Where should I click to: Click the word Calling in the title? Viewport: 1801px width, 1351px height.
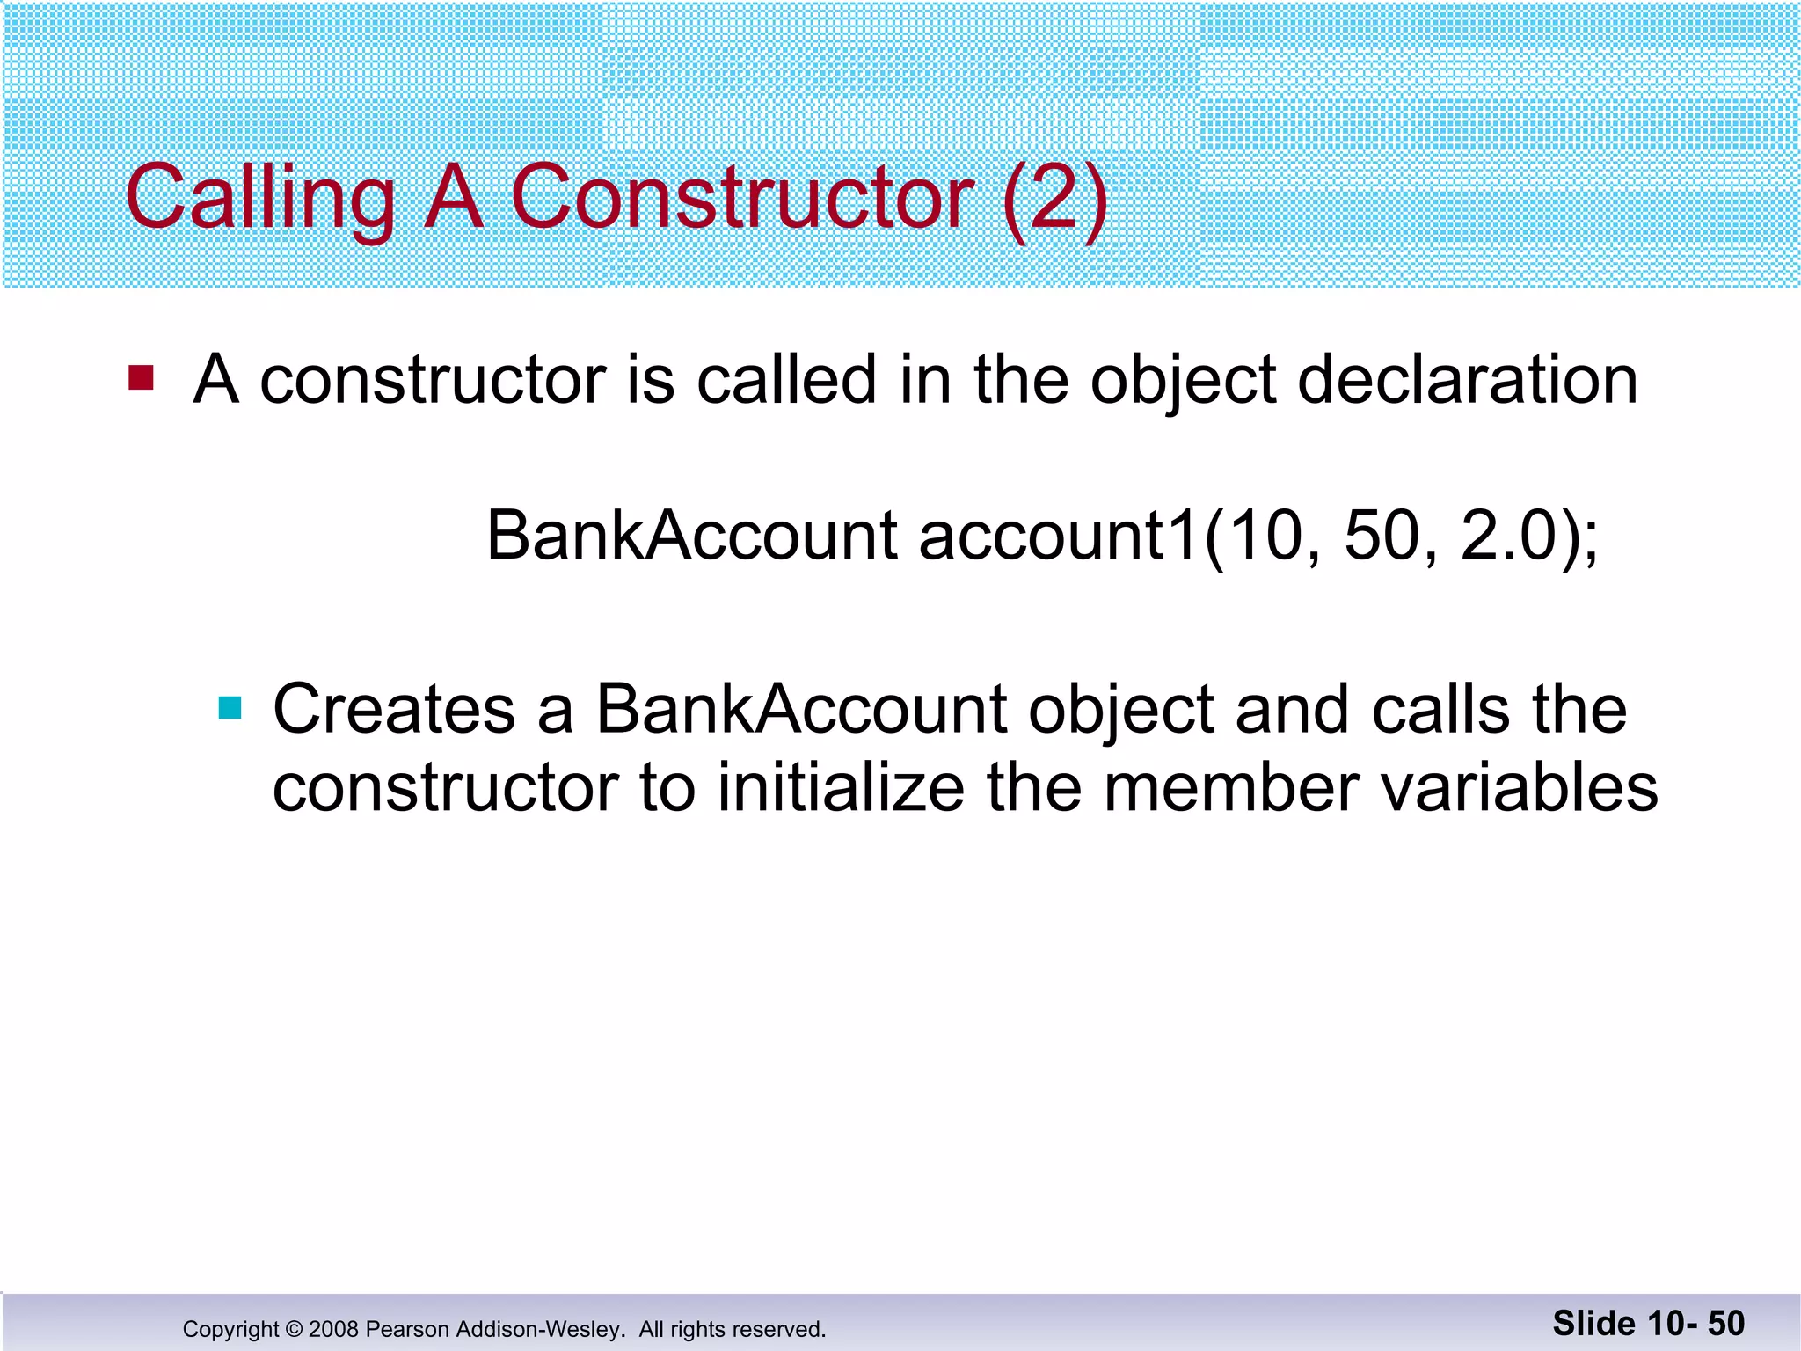[x=260, y=197]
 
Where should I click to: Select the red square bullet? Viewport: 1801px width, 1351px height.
[x=141, y=378]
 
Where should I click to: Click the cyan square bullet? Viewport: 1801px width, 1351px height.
[x=230, y=708]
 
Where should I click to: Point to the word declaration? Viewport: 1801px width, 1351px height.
[x=1467, y=380]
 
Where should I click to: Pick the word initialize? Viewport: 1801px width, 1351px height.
[x=841, y=787]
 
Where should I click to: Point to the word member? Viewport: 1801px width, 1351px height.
[x=1231, y=787]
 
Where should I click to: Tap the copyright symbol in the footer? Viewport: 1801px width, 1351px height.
[x=295, y=1329]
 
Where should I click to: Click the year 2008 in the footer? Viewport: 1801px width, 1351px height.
[x=333, y=1329]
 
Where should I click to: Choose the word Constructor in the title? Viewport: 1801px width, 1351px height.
[x=741, y=197]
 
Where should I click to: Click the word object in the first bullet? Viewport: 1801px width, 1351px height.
[x=1183, y=382]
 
